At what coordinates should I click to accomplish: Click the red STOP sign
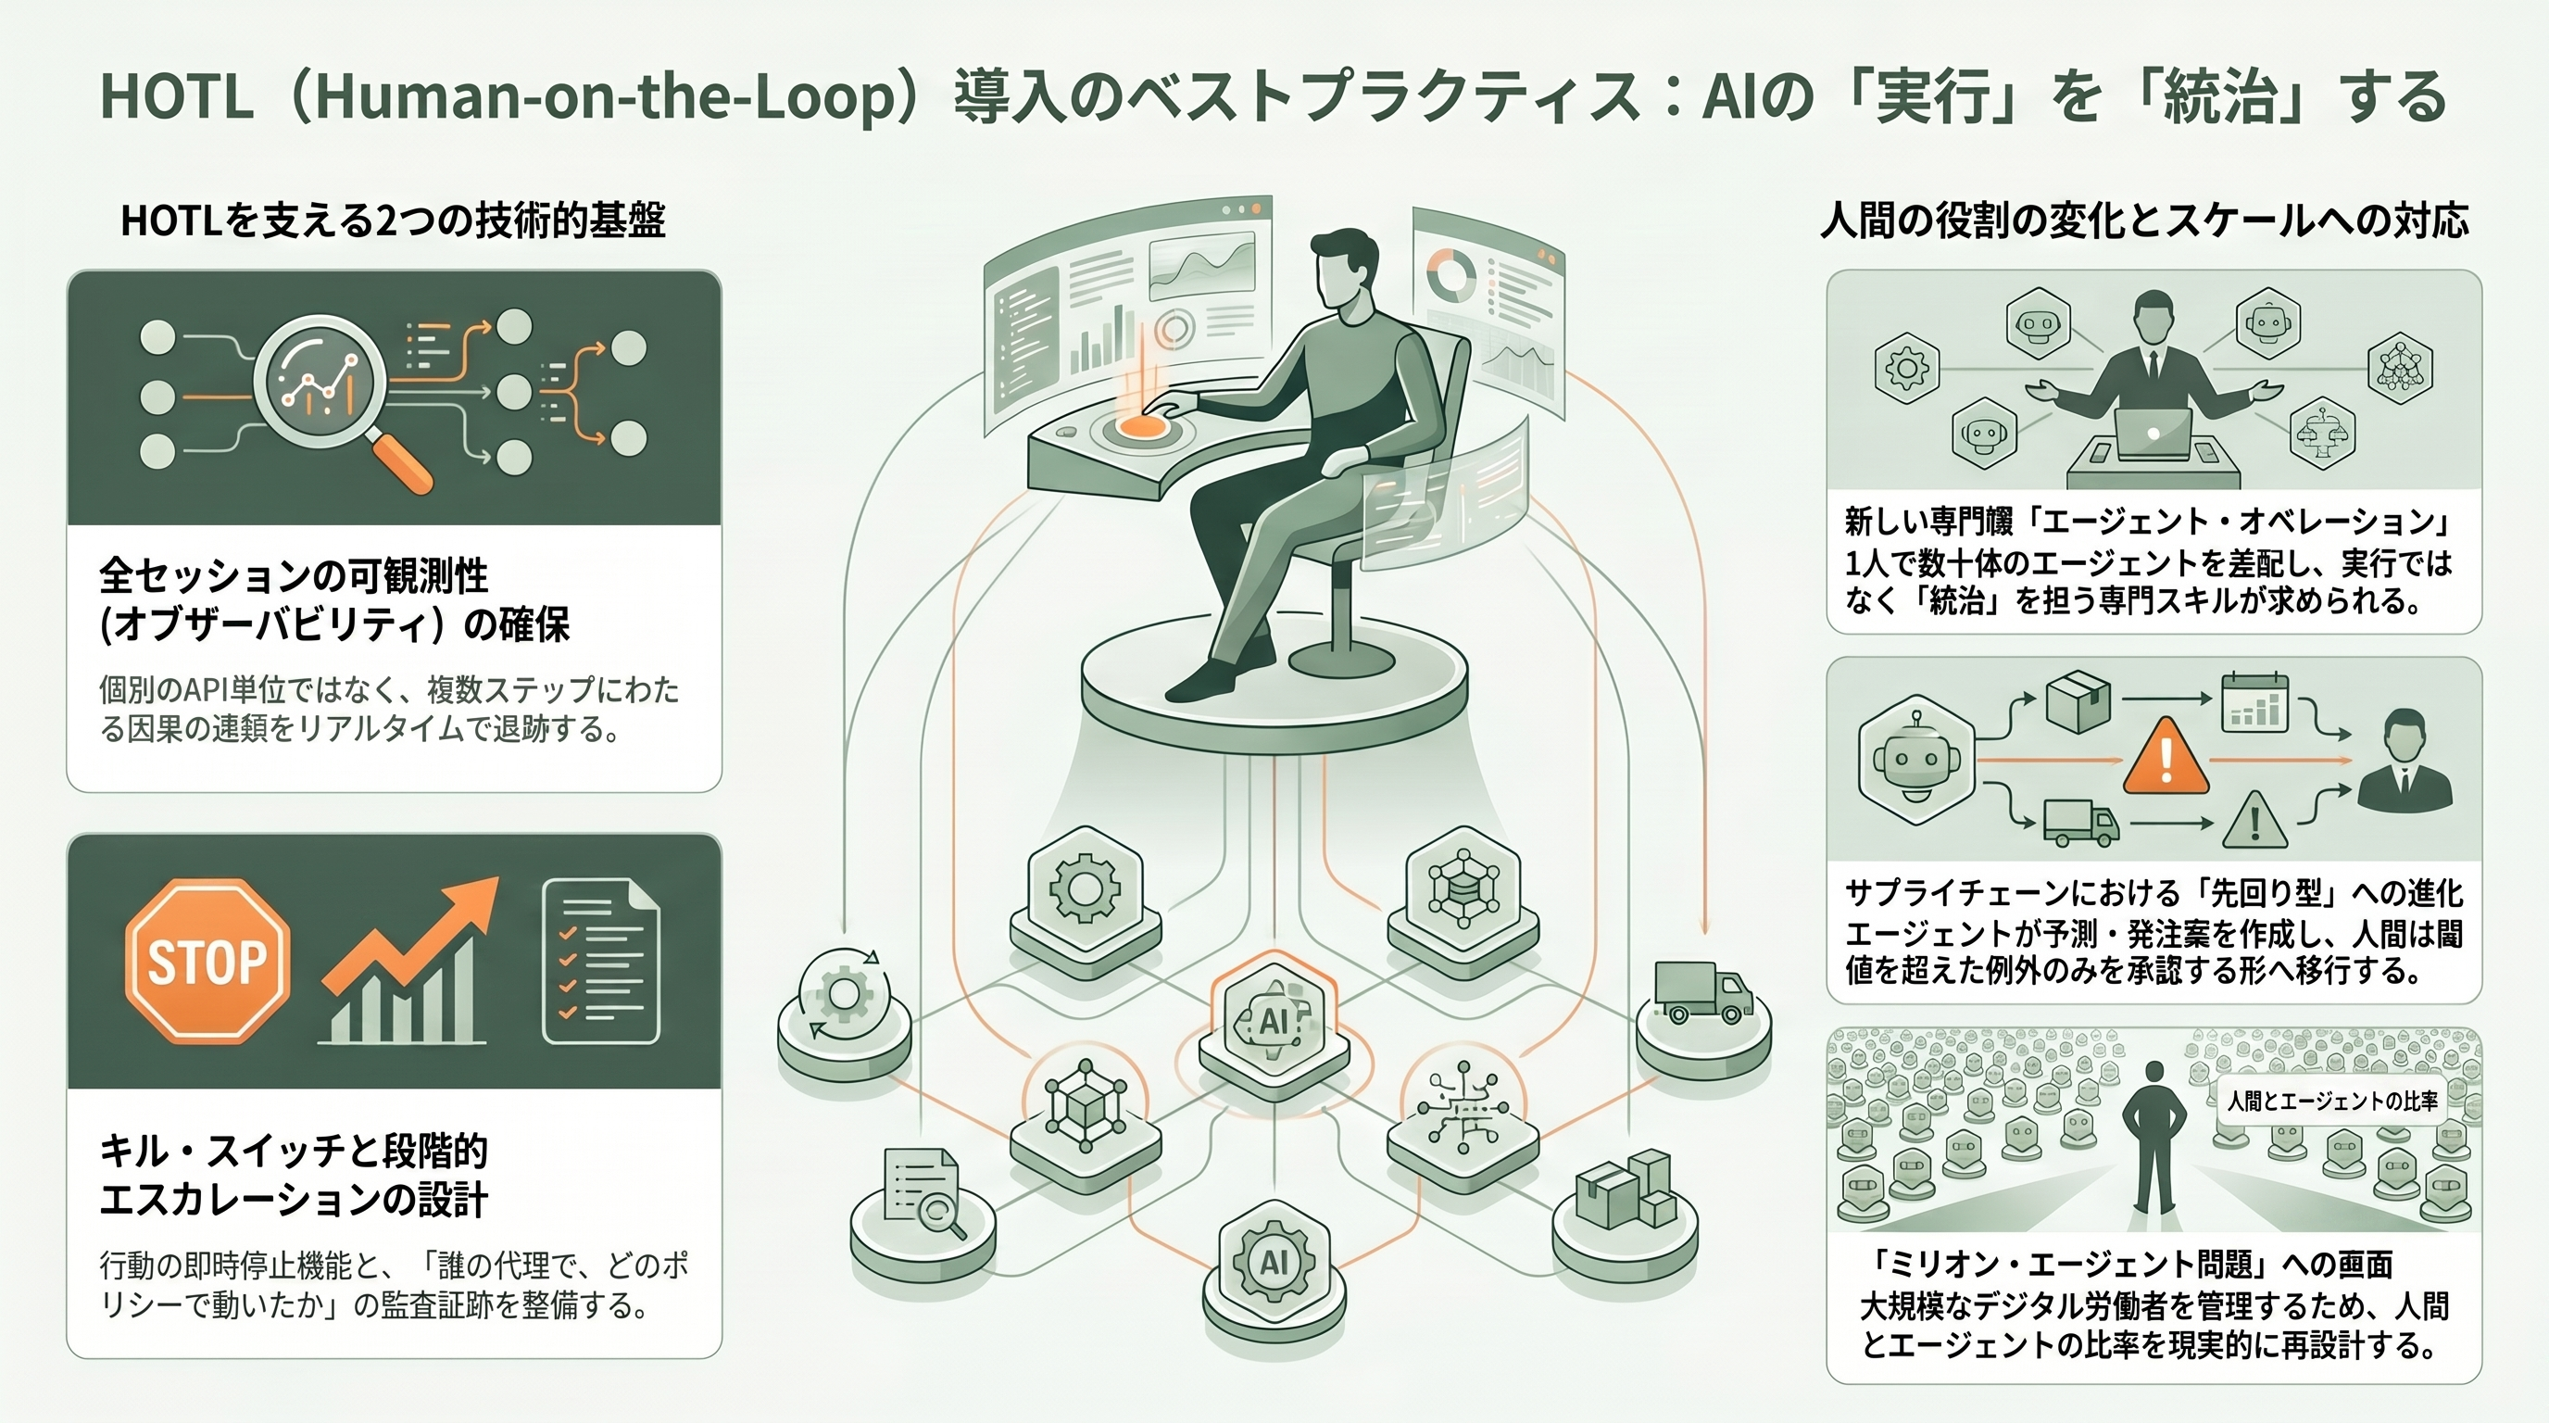pyautogui.click(x=207, y=961)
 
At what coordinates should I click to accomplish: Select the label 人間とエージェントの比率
pyautogui.click(x=2332, y=1101)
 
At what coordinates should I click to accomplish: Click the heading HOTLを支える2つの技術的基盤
pyautogui.click(x=393, y=220)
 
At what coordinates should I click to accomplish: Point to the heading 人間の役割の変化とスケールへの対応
pyautogui.click(x=2144, y=220)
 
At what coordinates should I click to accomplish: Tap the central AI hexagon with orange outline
pyautogui.click(x=1274, y=1019)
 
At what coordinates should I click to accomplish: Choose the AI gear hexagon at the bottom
pyautogui.click(x=1274, y=1261)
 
